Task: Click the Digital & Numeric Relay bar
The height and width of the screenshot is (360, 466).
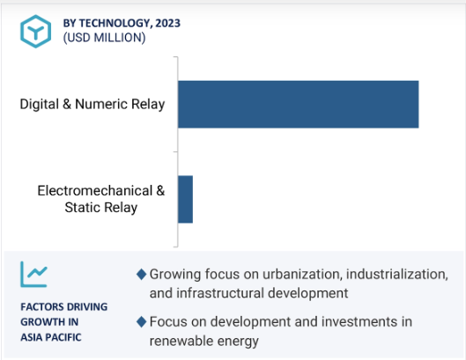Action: tap(298, 104)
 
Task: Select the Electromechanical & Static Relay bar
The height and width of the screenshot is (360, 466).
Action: tap(185, 199)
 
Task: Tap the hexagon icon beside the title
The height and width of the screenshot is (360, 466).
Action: tap(35, 31)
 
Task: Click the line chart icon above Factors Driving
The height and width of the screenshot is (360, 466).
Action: tap(33, 274)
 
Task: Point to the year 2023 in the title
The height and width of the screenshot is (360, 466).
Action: tap(167, 23)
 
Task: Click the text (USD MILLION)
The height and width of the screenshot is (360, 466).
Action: tap(104, 38)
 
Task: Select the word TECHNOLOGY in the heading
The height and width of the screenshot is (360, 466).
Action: tap(115, 23)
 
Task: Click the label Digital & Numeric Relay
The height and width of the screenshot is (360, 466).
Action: tap(92, 104)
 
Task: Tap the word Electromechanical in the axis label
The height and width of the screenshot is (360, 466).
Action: tap(95, 191)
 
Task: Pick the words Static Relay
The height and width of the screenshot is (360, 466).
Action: tap(101, 208)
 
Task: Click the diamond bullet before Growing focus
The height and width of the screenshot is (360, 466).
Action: tap(142, 274)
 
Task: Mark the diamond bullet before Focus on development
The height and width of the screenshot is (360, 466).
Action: tap(142, 321)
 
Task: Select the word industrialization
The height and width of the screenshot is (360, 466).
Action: tap(397, 274)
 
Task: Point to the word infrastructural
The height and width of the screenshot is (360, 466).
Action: tap(220, 293)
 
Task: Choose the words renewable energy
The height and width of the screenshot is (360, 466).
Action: tap(203, 341)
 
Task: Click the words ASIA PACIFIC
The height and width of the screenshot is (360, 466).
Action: tap(51, 337)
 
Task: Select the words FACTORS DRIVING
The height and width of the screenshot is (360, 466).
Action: tap(64, 306)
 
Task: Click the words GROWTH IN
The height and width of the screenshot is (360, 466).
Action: tap(49, 321)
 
